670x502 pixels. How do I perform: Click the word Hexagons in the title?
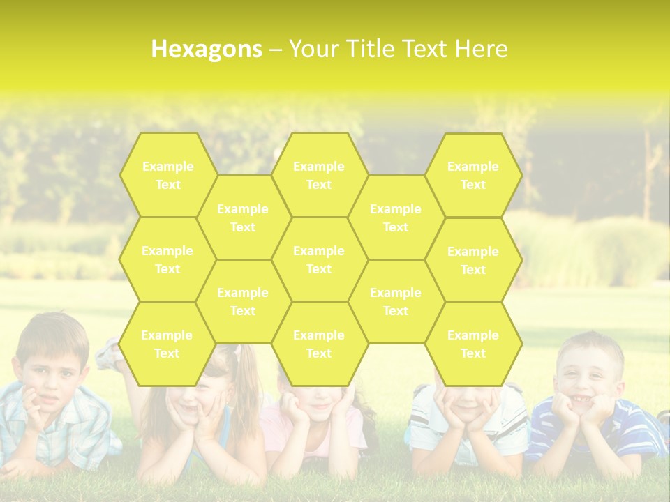207,49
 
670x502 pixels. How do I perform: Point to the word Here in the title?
482,49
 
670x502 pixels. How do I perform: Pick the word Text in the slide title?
424,49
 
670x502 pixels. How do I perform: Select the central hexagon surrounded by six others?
319,259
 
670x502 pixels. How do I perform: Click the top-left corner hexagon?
167,175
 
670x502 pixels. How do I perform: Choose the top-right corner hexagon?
473,175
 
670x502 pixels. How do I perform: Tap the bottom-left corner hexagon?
167,344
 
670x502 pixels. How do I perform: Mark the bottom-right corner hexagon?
473,344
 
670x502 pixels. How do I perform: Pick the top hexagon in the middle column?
319,175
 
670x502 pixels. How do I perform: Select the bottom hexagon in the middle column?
319,344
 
